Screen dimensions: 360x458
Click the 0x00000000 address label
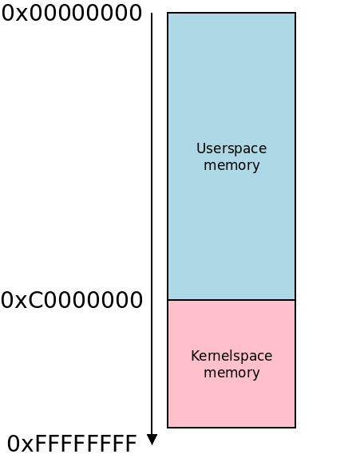[72, 14]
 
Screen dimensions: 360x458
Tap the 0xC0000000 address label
[72, 300]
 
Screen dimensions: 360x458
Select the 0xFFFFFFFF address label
[72, 444]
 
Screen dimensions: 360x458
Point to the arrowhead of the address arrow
[152, 440]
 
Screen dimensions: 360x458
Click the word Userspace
[231, 148]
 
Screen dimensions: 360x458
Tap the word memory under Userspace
[231, 165]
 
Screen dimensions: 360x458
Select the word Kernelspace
[231, 356]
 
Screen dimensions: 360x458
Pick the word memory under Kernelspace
[231, 373]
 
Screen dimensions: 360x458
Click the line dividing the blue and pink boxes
[231, 300]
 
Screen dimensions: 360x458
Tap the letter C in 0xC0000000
[36, 300]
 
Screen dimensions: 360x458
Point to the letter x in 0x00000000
[22, 15]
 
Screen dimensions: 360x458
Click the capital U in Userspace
[201, 148]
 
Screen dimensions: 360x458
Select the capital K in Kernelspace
[196, 356]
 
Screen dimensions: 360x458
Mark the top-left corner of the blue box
[168, 13]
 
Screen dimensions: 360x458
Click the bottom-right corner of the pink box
[295, 428]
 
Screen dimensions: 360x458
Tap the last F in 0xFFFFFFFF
[131, 444]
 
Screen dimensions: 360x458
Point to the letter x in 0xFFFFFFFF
[28, 446]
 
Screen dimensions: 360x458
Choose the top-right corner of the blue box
[295, 13]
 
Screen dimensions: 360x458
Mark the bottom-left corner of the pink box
[168, 428]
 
